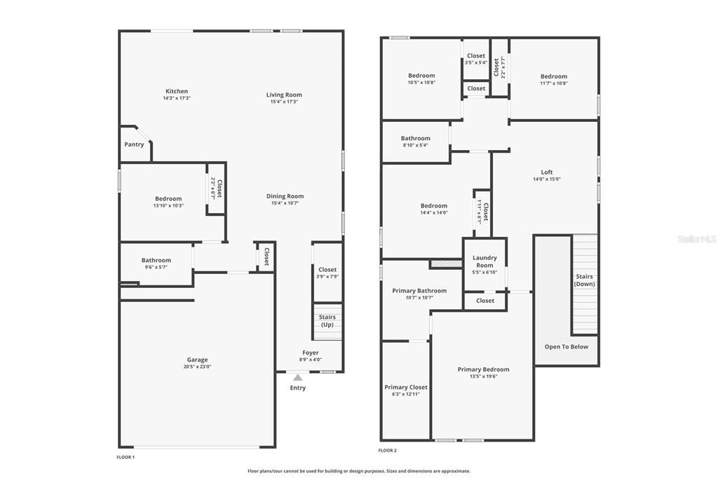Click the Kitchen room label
point(177,91)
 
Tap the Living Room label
point(284,95)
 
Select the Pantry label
point(134,144)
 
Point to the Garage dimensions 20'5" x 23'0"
point(197,367)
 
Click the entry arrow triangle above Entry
point(298,377)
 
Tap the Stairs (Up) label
point(327,321)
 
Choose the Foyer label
point(311,353)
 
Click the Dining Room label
point(285,196)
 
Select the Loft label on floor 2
point(547,172)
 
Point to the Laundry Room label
point(485,261)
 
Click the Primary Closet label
point(406,387)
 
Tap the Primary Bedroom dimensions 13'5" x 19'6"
point(483,376)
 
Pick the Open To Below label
point(567,346)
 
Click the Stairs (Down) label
point(585,280)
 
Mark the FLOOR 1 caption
point(126,457)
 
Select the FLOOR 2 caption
point(387,450)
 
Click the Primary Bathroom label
point(419,290)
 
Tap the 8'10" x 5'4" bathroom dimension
point(416,146)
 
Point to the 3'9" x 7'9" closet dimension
point(327,276)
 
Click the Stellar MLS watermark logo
point(697,239)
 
